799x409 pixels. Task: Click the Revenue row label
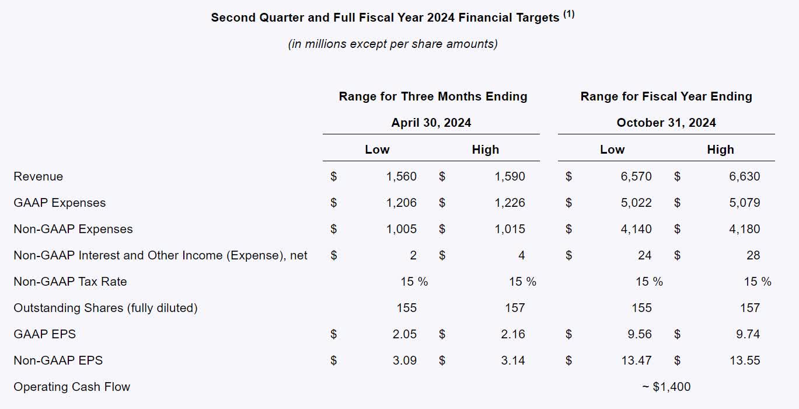pyautogui.click(x=38, y=176)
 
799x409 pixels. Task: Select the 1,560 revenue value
pyautogui.click(x=402, y=176)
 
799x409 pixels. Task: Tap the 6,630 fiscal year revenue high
pyautogui.click(x=744, y=176)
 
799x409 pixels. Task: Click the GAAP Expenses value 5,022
pyautogui.click(x=636, y=203)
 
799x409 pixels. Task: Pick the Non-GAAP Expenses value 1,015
pyautogui.click(x=510, y=229)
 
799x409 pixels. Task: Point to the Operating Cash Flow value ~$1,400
pyautogui.click(x=666, y=387)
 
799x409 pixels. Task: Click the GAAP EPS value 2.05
pyautogui.click(x=404, y=334)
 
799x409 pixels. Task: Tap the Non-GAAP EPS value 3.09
pyautogui.click(x=404, y=361)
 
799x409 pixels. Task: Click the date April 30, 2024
pyautogui.click(x=431, y=123)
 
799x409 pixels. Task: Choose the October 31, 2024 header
pyautogui.click(x=666, y=123)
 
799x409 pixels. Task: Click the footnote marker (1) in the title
pyautogui.click(x=568, y=15)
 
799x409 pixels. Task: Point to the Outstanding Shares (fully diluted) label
pyautogui.click(x=106, y=308)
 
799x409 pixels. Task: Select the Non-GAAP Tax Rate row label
pyautogui.click(x=70, y=282)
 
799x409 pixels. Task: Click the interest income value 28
pyautogui.click(x=753, y=255)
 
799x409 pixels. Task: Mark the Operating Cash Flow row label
pyautogui.click(x=72, y=387)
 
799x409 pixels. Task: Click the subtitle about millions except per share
pyautogui.click(x=393, y=44)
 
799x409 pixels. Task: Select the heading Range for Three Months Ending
pyautogui.click(x=432, y=96)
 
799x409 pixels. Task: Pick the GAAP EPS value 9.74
pyautogui.click(x=747, y=334)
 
